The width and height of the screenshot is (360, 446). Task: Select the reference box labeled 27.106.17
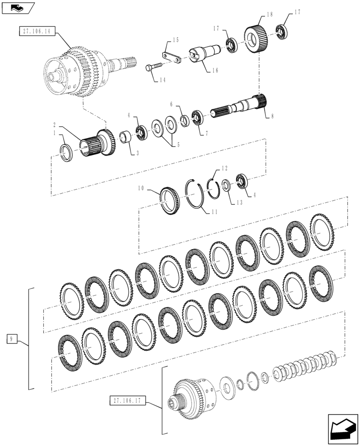(x=126, y=401)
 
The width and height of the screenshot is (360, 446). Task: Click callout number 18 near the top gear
(x=269, y=15)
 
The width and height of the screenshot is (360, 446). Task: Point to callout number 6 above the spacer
(x=171, y=103)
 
